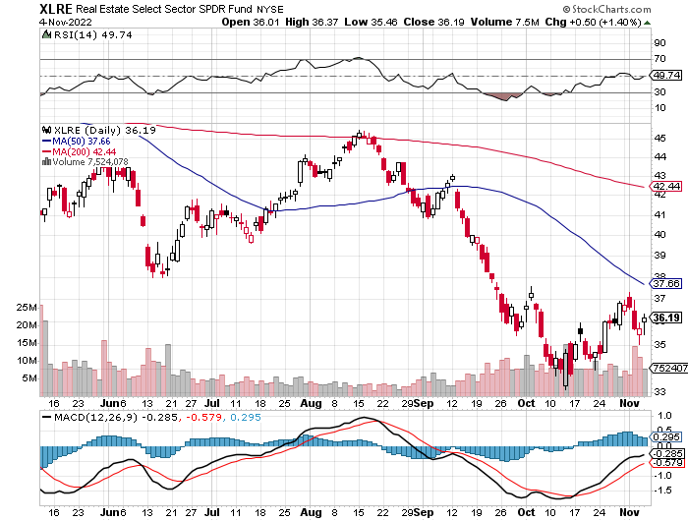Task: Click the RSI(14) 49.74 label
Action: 76,34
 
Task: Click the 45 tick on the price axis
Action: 659,139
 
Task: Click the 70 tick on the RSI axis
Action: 659,59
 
